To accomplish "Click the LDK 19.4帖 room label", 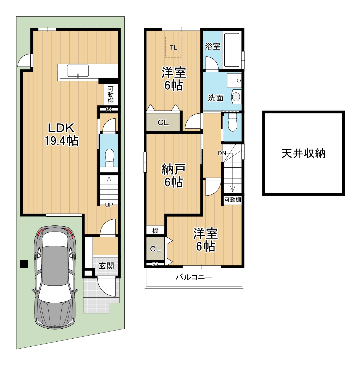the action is [x=61, y=134].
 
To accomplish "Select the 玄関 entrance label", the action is [x=106, y=266].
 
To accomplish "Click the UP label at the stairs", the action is [x=109, y=205].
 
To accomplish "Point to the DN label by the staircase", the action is [x=222, y=153].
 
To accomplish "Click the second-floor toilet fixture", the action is [x=233, y=122].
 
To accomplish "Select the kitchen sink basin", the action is [x=78, y=71].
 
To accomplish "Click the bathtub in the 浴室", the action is [x=232, y=50].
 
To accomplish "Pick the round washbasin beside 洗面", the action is [x=236, y=97].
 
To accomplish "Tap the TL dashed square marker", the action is [x=173, y=47].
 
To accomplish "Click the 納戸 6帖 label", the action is [x=174, y=175].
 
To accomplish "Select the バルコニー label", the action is [x=194, y=277].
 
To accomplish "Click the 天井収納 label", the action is [x=303, y=154].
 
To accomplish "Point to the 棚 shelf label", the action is [x=156, y=231].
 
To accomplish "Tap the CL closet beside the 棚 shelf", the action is [x=156, y=249].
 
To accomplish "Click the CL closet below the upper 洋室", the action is [x=163, y=123].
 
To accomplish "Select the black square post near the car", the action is [x=24, y=264].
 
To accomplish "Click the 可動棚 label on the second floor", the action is [x=233, y=200].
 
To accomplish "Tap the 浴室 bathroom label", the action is [x=212, y=46].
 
